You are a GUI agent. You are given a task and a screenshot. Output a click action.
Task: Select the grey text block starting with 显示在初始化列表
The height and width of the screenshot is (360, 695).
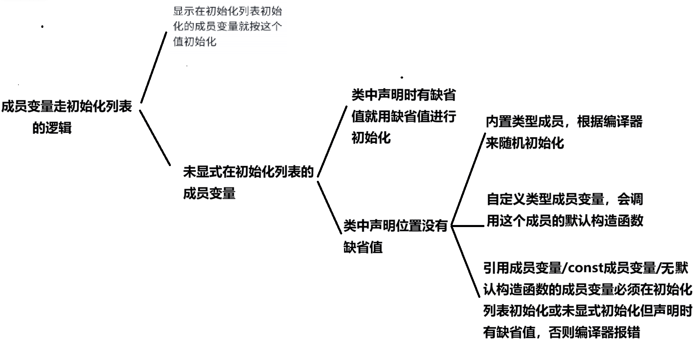tap(227, 26)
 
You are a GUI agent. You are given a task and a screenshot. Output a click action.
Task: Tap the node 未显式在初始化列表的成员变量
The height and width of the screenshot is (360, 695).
tap(248, 182)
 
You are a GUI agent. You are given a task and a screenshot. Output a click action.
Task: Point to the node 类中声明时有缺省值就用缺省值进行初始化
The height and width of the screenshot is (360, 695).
tap(404, 117)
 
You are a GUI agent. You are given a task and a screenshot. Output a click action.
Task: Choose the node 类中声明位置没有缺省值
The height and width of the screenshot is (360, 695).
tap(395, 236)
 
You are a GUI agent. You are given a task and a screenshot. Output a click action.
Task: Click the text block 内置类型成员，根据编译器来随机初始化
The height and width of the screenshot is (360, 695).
tap(564, 132)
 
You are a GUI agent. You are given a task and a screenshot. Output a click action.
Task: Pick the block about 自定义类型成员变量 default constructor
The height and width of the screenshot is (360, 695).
tap(565, 210)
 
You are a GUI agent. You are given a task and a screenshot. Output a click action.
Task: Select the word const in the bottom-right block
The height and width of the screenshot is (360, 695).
tap(586, 268)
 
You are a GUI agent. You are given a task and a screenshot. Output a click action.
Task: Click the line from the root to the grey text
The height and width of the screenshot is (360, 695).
tap(154, 67)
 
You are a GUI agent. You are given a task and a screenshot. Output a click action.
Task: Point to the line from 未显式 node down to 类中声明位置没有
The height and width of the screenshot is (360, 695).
tap(330, 208)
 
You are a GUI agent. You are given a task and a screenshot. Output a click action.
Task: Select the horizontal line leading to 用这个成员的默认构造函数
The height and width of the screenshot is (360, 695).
tap(467, 226)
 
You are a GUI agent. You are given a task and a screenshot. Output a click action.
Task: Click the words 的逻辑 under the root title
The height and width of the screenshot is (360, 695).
tap(52, 128)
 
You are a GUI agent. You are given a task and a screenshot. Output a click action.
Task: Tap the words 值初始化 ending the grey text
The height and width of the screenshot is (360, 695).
tap(195, 42)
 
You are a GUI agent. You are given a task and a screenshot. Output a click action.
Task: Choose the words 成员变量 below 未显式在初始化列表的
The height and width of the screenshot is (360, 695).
tap(209, 193)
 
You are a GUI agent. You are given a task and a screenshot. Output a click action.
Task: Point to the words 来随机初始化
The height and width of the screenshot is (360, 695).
tap(525, 143)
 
